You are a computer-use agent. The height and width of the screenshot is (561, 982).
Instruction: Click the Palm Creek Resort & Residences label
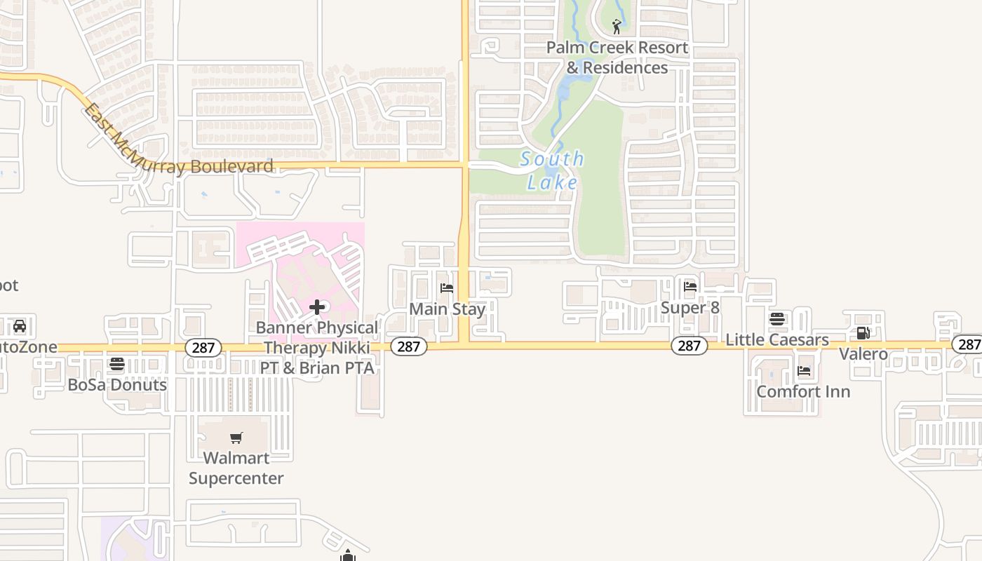click(x=617, y=58)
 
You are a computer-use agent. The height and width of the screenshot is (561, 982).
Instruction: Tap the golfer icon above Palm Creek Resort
click(x=617, y=27)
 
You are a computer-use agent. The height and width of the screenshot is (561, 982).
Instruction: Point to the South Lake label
click(x=553, y=170)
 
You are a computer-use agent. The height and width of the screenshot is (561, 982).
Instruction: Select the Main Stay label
click(x=447, y=309)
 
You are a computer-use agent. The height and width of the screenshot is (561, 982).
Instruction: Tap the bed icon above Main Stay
click(x=447, y=288)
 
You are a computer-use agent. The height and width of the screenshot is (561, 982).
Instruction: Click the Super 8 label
click(x=690, y=308)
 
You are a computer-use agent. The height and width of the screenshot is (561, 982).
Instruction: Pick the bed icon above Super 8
click(x=690, y=286)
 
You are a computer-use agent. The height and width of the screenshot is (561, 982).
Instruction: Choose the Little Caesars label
click(x=777, y=339)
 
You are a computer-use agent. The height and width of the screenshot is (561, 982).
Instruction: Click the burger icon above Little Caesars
click(x=777, y=319)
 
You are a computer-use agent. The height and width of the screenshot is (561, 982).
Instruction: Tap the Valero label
click(x=863, y=353)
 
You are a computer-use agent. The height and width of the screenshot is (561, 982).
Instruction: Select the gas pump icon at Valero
click(x=863, y=333)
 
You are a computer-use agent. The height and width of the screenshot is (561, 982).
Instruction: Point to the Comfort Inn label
click(x=803, y=391)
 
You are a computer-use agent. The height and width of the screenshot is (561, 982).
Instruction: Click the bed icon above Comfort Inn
click(x=804, y=370)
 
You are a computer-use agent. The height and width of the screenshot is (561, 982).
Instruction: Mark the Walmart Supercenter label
click(x=236, y=468)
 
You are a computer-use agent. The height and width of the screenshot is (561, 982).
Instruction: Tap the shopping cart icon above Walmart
click(x=236, y=438)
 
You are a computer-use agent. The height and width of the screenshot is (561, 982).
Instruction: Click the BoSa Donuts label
click(x=117, y=384)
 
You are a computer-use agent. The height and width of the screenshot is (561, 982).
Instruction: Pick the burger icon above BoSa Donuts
click(x=117, y=364)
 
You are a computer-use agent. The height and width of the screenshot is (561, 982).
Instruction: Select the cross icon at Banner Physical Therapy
click(x=317, y=306)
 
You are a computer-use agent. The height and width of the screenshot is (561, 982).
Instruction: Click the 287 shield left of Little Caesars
click(x=690, y=345)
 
